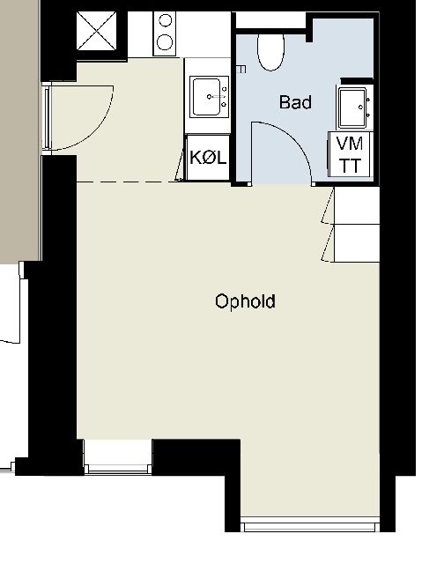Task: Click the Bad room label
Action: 295,102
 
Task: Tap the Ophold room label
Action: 245,301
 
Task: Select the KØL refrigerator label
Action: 208,158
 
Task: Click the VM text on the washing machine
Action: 350,144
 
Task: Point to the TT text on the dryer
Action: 350,166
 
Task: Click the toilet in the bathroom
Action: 270,52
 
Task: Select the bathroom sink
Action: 352,108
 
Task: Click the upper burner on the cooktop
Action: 166,20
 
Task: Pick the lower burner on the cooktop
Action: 165,41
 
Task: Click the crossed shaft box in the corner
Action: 97,31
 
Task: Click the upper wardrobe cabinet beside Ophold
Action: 357,205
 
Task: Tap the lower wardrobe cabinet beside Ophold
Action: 357,243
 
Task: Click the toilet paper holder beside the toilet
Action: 241,69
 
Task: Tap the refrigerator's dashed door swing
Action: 179,166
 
